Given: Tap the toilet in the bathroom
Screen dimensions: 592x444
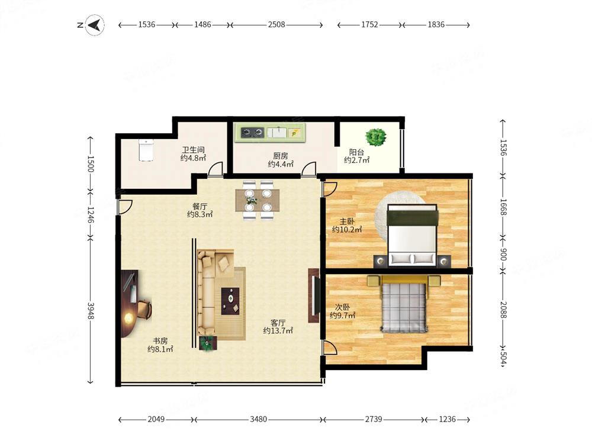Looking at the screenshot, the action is (146, 150).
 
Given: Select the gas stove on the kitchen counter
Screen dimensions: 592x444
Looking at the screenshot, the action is (253, 132).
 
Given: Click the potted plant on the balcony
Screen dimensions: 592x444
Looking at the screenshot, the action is (376, 137).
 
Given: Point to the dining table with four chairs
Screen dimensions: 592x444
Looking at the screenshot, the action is (258, 200).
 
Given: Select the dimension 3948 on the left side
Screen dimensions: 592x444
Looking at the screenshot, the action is (91, 310).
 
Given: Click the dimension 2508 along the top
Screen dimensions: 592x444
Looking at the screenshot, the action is (276, 24).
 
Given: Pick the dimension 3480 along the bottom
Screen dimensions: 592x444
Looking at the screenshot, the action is (258, 419).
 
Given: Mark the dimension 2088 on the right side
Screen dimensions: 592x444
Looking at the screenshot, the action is (503, 310).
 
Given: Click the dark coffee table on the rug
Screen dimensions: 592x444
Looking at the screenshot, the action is (230, 301).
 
